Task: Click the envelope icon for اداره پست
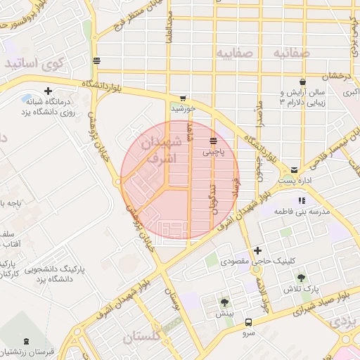(294, 169)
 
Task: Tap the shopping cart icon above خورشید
(183, 98)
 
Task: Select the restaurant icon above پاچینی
(213, 140)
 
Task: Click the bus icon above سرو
(248, 321)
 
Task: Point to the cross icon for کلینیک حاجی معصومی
(257, 250)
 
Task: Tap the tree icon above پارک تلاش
(302, 278)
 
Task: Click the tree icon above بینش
(224, 302)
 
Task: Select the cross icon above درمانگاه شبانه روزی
(48, 91)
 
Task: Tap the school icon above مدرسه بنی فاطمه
(302, 200)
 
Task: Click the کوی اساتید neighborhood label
(34, 63)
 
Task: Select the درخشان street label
(336, 75)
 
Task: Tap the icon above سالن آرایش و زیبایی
(302, 82)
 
